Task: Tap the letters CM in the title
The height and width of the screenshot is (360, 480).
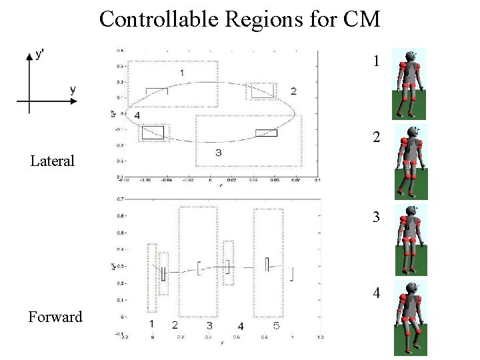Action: pos(361,19)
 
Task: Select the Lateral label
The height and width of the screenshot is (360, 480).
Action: pos(53,161)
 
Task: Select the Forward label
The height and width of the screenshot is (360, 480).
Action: pos(55,317)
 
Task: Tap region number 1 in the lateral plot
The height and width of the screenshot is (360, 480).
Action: pos(183,72)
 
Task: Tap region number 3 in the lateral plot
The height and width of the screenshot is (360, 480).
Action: pos(218,153)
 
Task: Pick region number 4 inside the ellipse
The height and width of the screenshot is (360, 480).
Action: pos(137,116)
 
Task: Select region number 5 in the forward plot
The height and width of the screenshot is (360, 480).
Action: pos(276,326)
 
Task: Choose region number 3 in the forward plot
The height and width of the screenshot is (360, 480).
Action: pos(209,325)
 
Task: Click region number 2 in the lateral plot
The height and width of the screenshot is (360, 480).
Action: pos(293,91)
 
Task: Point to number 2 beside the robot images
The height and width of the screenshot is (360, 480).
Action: pos(377,138)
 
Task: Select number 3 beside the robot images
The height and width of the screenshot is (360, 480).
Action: pos(377,217)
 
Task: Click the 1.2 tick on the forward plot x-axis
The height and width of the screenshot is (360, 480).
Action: pos(320,338)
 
